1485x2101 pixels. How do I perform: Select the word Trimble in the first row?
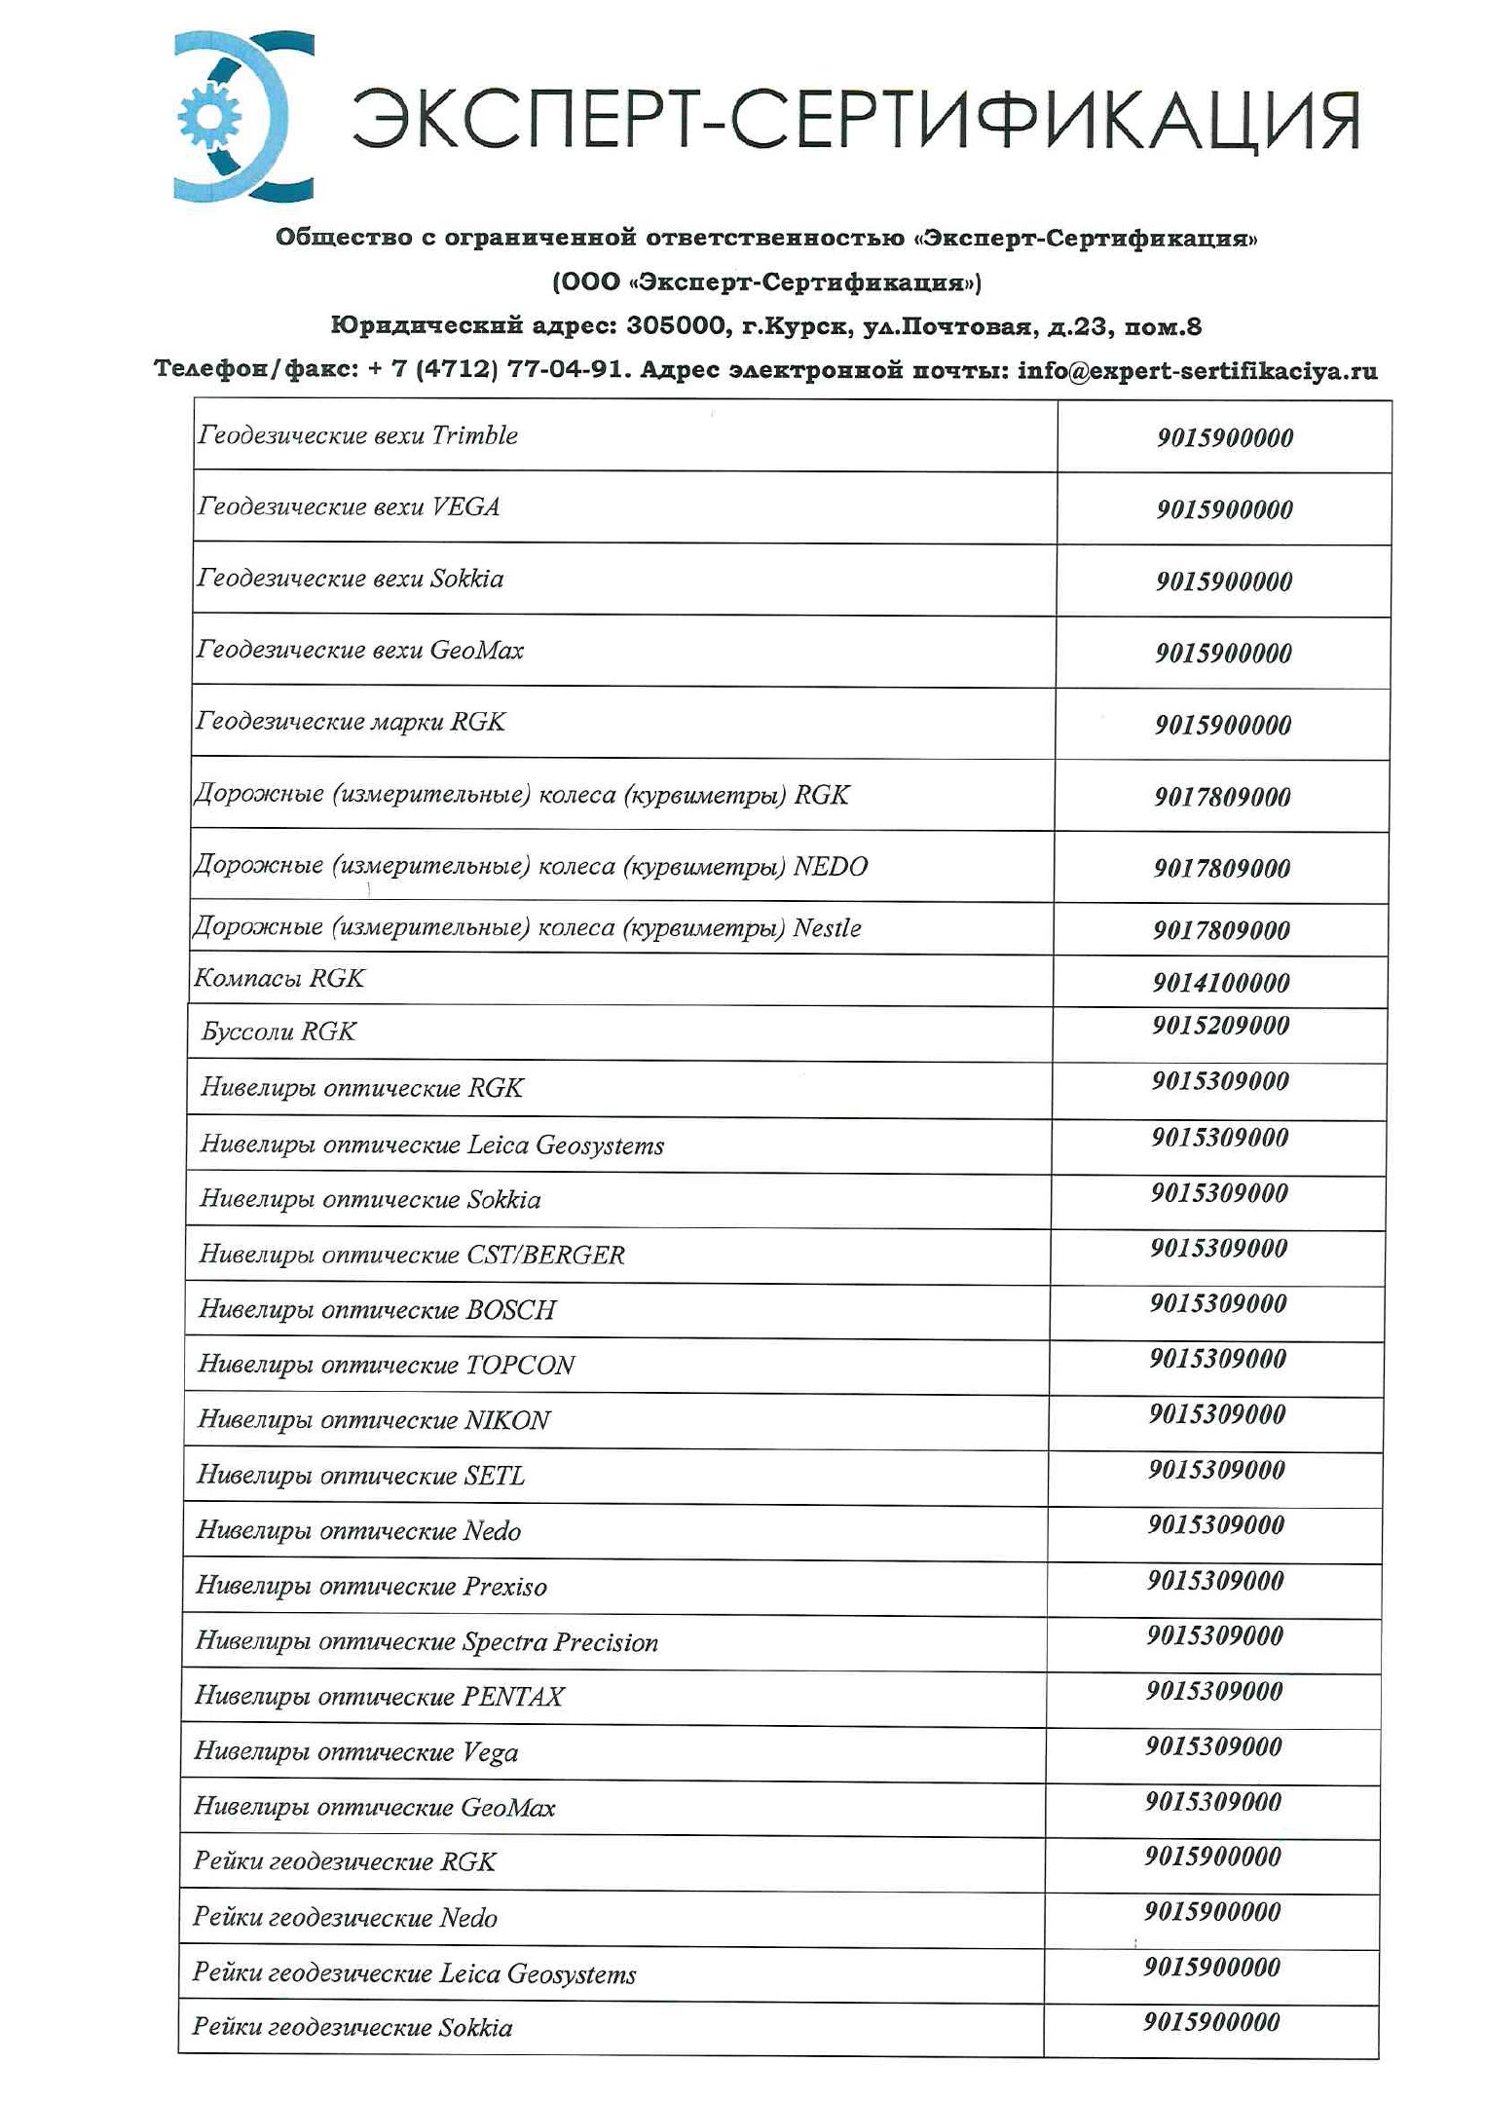click(x=474, y=435)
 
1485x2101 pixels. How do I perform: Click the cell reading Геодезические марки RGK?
click(x=351, y=722)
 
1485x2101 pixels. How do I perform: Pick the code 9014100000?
click(x=1220, y=983)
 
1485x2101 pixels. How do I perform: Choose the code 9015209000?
click(x=1220, y=1026)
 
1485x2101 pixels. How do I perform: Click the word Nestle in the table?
click(x=827, y=927)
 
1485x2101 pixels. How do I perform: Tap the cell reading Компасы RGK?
click(x=279, y=978)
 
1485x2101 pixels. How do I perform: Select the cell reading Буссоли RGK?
click(x=278, y=1032)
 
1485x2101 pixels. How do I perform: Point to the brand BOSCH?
click(x=510, y=1310)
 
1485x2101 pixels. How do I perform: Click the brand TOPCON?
click(x=519, y=1366)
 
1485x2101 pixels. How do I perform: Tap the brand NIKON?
click(x=506, y=1421)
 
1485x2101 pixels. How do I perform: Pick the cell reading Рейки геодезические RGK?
click(x=345, y=1862)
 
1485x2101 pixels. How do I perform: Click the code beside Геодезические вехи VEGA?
click(x=1224, y=509)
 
